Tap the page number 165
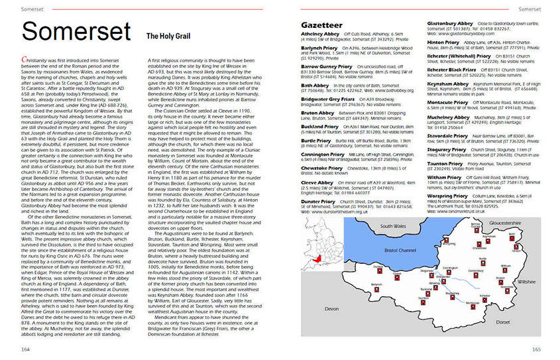[536, 349]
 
